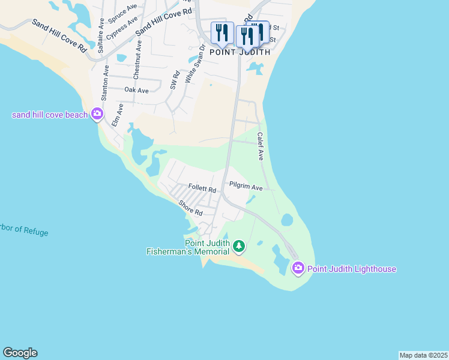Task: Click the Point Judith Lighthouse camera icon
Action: (298, 268)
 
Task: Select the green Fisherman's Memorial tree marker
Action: (239, 246)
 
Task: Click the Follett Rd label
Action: (202, 188)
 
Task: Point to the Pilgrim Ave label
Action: (246, 188)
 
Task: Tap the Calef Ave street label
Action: (261, 146)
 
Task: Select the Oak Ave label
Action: (136, 90)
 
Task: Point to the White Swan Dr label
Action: (191, 65)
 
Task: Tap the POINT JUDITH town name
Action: (240, 52)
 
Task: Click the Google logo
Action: (20, 353)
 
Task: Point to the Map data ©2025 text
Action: (423, 355)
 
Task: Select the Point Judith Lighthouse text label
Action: (352, 269)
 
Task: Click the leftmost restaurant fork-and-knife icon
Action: (222, 33)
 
